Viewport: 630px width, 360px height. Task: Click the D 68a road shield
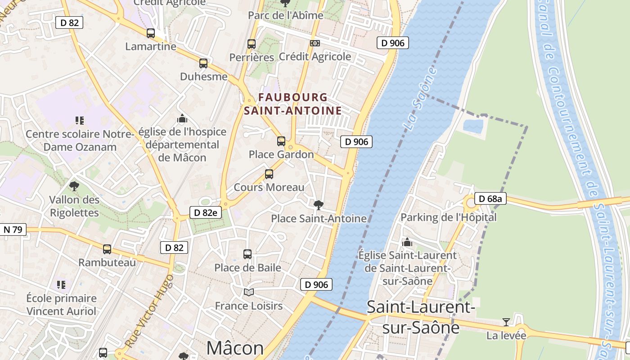490,198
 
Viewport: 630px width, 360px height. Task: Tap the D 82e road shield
206,213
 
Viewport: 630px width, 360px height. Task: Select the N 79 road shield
13,229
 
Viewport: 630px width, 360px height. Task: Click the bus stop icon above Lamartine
151,33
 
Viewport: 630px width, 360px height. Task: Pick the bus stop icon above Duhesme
203,63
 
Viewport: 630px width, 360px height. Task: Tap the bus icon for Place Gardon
281,141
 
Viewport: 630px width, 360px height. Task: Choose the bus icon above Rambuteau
107,249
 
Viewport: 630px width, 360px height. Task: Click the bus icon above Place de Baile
247,254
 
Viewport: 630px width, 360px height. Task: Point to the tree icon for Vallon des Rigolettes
74,186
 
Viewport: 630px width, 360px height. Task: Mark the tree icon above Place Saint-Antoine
318,205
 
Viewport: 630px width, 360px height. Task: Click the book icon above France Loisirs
249,292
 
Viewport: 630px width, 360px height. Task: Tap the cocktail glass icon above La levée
506,322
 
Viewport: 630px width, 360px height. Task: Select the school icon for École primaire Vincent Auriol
61,285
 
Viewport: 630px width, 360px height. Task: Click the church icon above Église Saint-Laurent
407,242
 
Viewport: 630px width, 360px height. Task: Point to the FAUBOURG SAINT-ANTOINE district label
292,104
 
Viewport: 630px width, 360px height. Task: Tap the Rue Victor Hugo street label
149,310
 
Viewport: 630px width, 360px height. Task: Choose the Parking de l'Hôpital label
448,217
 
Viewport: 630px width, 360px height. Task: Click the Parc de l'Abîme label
286,15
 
